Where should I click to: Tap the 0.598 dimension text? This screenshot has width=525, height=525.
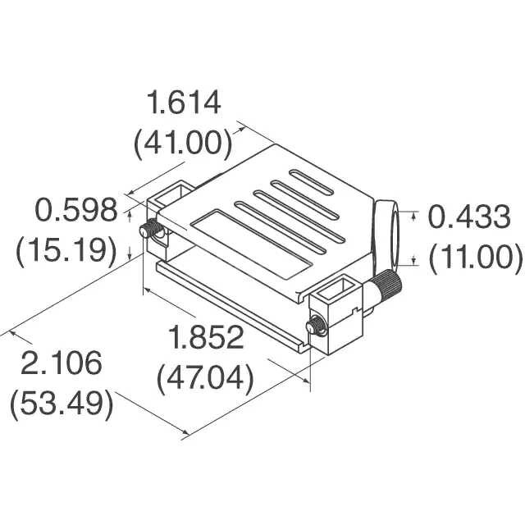click(x=76, y=211)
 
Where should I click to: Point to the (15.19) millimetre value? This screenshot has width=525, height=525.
click(x=66, y=249)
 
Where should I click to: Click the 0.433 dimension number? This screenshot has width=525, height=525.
click(x=470, y=218)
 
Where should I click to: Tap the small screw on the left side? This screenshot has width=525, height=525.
click(x=149, y=231)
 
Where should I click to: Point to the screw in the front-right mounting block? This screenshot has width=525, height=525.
click(x=314, y=328)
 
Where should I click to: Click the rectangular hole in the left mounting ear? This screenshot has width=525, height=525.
click(x=170, y=196)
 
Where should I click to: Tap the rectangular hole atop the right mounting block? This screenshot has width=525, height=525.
click(x=338, y=290)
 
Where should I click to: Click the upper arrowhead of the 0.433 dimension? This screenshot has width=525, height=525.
click(x=414, y=212)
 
